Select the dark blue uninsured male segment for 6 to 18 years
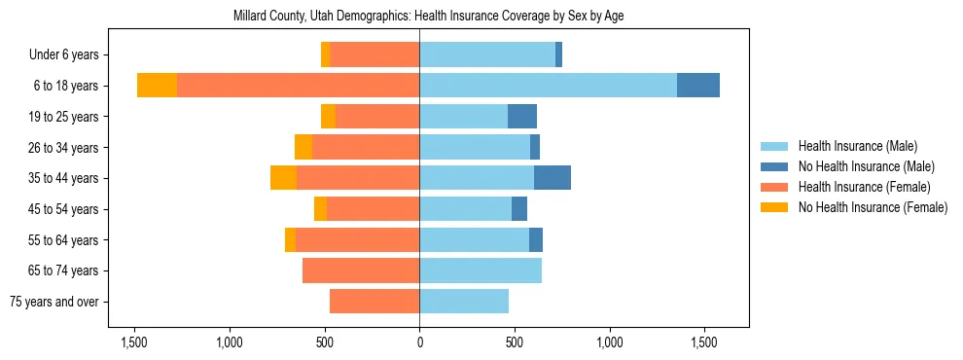(x=698, y=86)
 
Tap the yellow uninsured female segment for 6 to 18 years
(x=157, y=86)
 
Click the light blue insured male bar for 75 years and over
(x=464, y=302)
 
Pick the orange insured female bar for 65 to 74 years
(x=361, y=270)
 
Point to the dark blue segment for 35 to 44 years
(x=553, y=178)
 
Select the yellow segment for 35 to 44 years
(x=283, y=178)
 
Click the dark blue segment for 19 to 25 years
(x=522, y=117)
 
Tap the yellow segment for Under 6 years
(x=325, y=54)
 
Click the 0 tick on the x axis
(x=419, y=342)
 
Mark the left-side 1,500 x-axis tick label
(x=133, y=342)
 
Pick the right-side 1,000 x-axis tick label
(x=610, y=342)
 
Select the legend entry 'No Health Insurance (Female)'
(x=873, y=207)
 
